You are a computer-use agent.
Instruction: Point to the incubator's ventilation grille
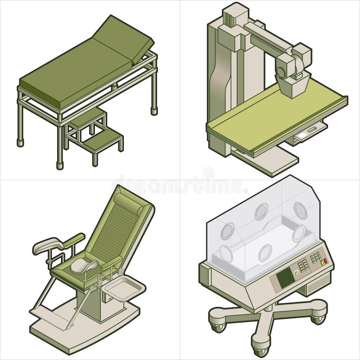click(320, 284)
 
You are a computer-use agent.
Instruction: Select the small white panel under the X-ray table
click(304, 133)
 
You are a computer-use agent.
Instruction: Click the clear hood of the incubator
click(261, 220)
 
